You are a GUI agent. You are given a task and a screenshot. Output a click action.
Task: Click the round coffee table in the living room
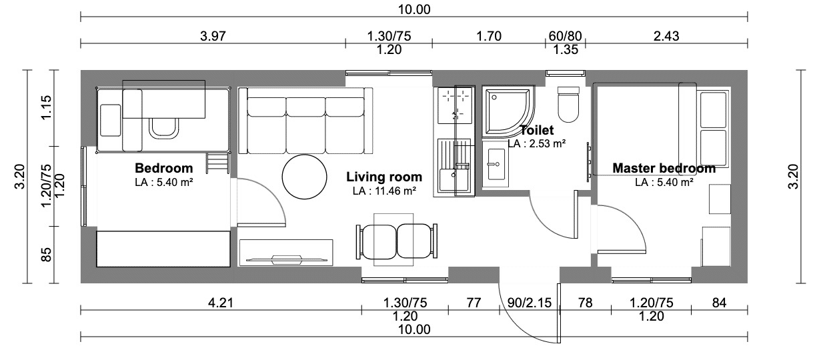point(304,177)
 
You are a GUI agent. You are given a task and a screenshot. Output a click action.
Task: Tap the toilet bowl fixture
point(568,105)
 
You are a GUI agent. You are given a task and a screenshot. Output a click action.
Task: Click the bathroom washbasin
point(496,164)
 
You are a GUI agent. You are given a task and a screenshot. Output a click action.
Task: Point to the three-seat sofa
point(305,121)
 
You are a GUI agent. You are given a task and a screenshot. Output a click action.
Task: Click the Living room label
point(384,177)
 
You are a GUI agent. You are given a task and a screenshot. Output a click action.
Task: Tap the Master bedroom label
point(664,169)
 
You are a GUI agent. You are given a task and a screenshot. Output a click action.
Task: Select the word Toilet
point(537,130)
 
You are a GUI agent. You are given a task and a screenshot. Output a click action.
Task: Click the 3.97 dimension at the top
point(213,36)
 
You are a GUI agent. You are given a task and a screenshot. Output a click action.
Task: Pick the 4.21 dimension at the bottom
point(221,303)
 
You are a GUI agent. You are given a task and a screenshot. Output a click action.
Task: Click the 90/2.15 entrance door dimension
point(530,303)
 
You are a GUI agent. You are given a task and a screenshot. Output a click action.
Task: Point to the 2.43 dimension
point(666,36)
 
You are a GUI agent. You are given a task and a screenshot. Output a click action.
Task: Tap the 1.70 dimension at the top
point(488,36)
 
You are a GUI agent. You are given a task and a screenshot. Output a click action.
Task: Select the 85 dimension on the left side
point(46,255)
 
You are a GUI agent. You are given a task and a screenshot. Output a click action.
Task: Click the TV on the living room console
point(286,260)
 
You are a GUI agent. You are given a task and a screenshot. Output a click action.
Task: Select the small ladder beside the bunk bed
point(218,163)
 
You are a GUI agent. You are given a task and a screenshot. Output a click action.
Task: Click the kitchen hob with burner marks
point(455,105)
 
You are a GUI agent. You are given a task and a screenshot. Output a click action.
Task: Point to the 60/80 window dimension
point(565,36)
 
